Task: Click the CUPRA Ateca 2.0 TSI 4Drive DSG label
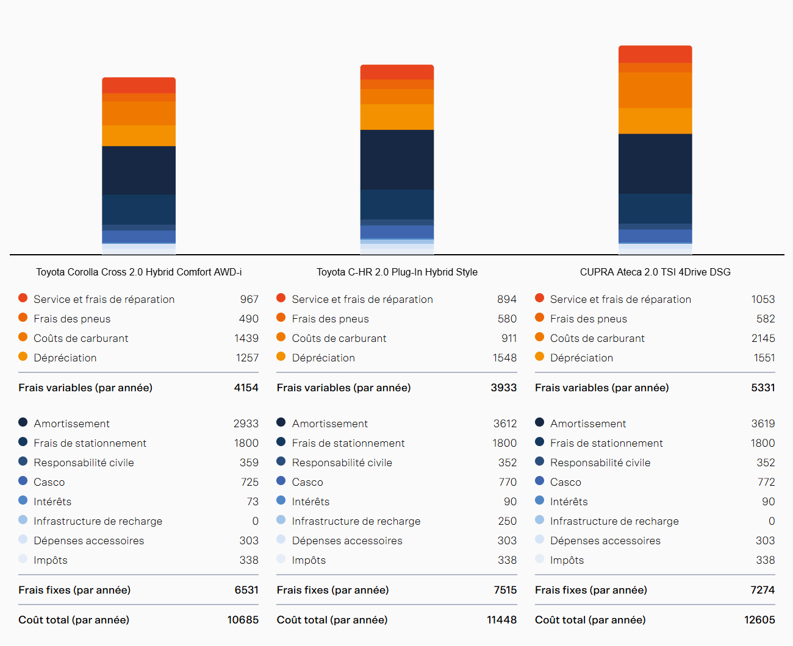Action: [655, 272]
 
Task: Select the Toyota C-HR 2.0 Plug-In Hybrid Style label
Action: [396, 272]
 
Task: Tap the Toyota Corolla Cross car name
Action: [138, 272]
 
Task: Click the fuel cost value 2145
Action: [762, 338]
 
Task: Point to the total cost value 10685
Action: [243, 620]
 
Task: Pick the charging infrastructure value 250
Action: [507, 521]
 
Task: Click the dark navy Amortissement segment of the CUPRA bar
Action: [655, 163]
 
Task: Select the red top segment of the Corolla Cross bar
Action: [138, 85]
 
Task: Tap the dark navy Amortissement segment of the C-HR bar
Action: [396, 159]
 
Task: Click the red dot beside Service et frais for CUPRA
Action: [539, 298]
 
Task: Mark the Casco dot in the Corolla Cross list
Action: [23, 481]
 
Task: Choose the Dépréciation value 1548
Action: [504, 358]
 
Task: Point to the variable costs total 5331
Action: [762, 388]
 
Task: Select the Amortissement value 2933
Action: [246, 424]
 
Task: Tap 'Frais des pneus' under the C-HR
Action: [330, 319]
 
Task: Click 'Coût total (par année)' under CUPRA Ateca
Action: [590, 620]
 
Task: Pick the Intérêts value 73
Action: [252, 502]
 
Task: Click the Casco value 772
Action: [766, 482]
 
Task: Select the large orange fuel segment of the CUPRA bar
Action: [655, 90]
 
